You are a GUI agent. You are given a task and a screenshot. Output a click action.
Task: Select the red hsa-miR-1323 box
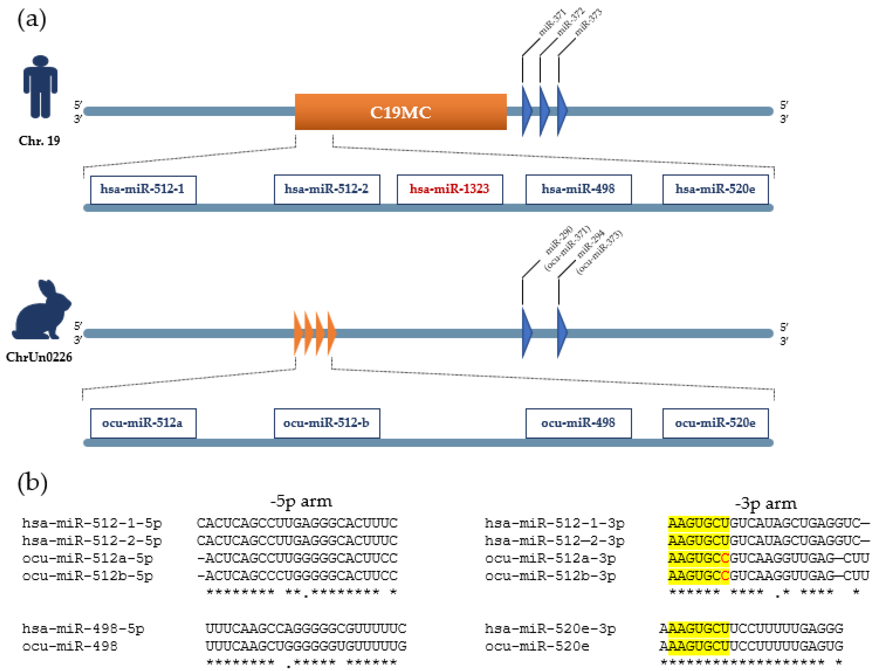[x=449, y=189]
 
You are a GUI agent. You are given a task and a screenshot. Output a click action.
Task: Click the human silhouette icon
[x=40, y=87]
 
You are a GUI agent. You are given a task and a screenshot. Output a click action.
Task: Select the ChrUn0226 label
[x=39, y=357]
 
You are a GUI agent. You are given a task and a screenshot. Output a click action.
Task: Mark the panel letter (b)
[x=32, y=483]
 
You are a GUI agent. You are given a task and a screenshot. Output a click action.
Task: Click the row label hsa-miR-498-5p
[x=83, y=629]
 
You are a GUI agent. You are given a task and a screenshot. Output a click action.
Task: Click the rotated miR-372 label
[x=571, y=22]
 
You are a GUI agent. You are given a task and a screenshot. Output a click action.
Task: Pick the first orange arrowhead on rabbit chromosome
[x=298, y=333]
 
